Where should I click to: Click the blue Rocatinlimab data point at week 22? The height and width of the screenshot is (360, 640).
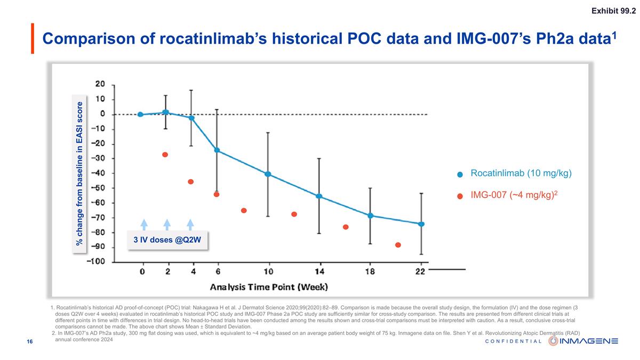(421, 224)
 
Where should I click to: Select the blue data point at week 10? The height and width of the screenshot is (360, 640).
(268, 174)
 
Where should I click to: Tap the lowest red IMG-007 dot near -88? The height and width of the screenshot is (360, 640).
(398, 245)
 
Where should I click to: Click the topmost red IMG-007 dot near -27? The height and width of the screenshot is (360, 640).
(165, 155)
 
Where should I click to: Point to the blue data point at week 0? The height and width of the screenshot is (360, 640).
(140, 114)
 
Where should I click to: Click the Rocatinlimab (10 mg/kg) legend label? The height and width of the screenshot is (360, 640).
(521, 173)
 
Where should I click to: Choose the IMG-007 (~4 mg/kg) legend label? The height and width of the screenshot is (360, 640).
(514, 195)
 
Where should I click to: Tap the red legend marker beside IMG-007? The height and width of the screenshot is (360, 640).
(460, 196)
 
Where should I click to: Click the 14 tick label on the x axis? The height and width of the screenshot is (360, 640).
(319, 272)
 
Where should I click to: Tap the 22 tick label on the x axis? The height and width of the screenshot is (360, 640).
(420, 272)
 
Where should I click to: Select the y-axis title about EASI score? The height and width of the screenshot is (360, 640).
(79, 173)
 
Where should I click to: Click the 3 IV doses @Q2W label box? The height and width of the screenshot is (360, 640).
(167, 239)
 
